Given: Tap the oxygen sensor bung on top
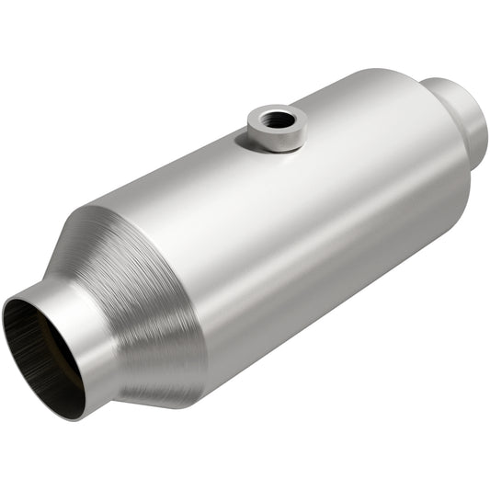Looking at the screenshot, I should tap(276, 127).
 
